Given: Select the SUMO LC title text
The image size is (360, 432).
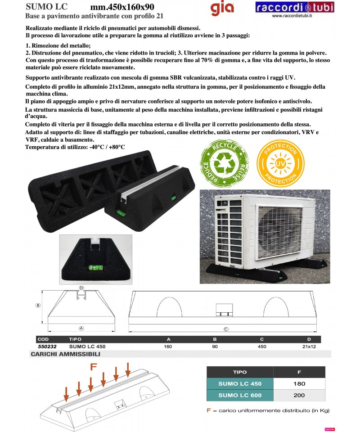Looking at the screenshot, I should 47,7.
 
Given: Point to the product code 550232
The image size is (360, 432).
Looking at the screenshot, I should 44,346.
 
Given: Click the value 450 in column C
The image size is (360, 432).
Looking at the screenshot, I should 262,346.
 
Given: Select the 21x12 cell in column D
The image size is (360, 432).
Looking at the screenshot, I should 309,346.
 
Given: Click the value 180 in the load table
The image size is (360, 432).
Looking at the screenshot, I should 299,384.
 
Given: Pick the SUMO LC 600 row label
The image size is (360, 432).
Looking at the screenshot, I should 240,395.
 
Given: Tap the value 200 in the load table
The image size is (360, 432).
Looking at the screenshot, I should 299,395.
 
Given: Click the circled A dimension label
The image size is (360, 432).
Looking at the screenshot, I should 81,328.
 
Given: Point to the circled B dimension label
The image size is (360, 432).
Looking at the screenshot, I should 38,305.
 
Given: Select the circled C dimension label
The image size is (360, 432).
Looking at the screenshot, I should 226,329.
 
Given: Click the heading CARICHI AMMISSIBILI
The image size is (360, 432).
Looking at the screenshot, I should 65,354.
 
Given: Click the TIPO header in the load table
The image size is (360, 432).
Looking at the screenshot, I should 240,372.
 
